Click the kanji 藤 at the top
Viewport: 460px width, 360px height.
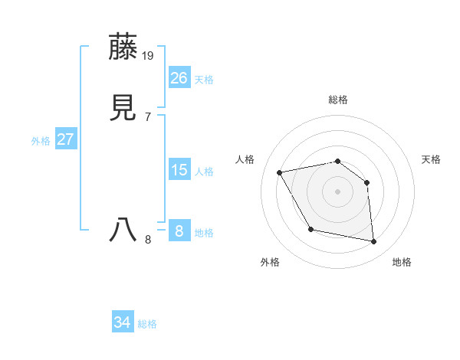click(x=123, y=47)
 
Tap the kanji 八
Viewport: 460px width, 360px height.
click(x=123, y=231)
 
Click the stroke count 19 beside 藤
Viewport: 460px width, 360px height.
click(x=149, y=56)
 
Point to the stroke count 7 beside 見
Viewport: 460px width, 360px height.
click(x=148, y=117)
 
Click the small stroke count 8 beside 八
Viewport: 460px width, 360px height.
click(x=148, y=240)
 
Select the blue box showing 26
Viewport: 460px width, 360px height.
click(x=179, y=78)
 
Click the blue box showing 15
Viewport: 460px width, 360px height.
click(x=179, y=170)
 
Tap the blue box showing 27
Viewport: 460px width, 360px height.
click(x=65, y=139)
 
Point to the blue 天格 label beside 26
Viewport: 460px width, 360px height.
click(x=204, y=80)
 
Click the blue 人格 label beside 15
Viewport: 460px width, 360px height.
click(x=204, y=172)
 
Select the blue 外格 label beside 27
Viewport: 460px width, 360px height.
click(x=41, y=141)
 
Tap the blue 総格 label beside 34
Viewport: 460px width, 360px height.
click(x=147, y=324)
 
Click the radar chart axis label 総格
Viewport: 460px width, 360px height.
click(x=337, y=100)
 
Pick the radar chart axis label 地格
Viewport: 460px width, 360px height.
click(x=402, y=262)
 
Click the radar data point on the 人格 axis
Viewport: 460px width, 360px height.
click(x=280, y=172)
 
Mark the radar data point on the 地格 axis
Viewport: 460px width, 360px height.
click(x=373, y=242)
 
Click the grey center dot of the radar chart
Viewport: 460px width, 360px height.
click(x=337, y=191)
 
